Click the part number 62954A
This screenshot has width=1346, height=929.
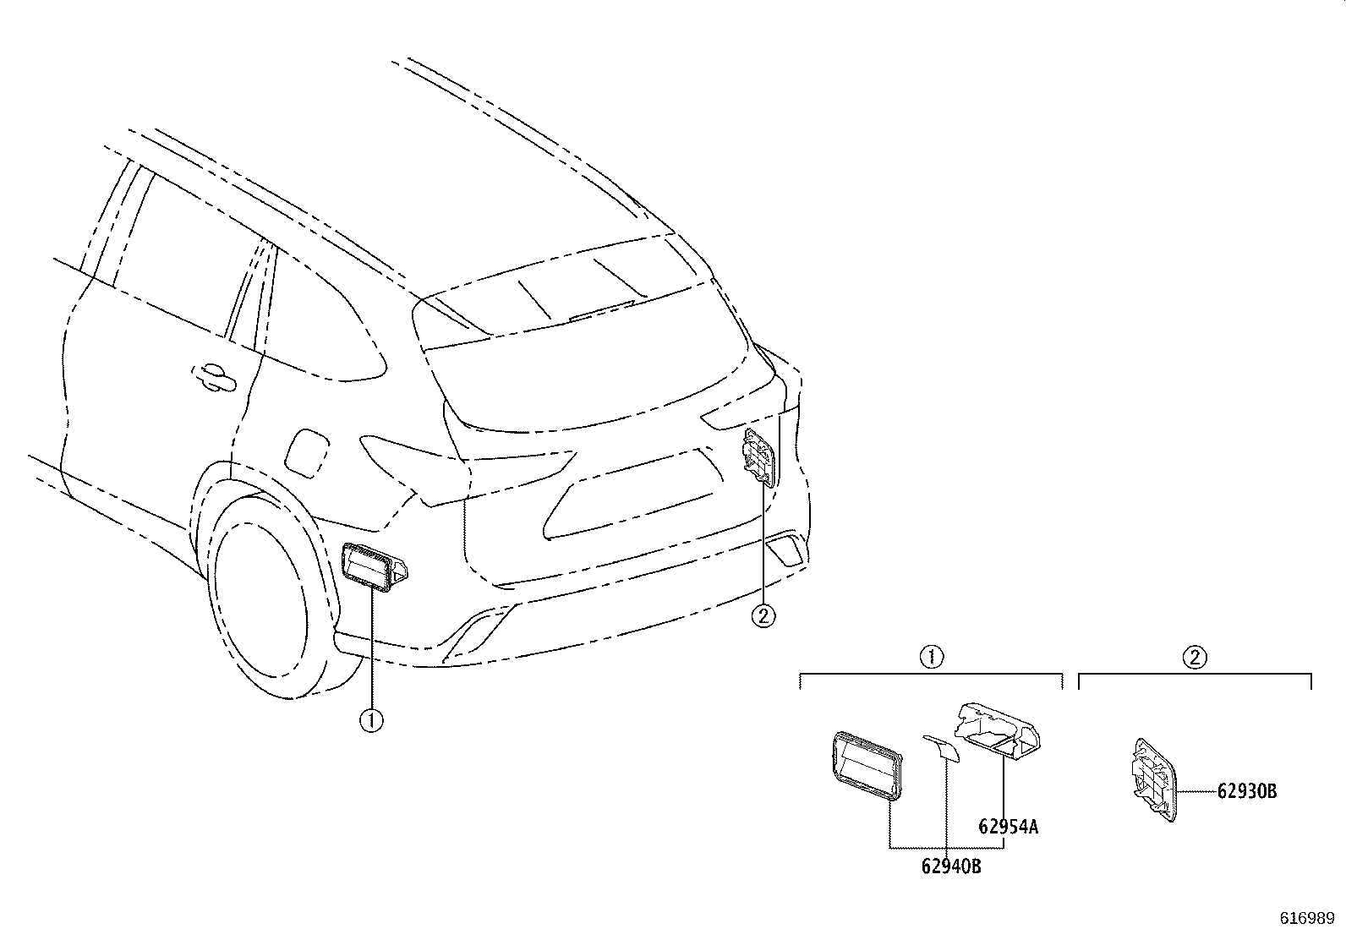tap(1008, 827)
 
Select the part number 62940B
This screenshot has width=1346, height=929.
tap(951, 866)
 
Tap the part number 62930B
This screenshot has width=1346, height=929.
tap(1247, 791)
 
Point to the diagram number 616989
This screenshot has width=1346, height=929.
tap(1307, 918)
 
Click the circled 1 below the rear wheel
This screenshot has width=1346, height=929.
tap(371, 720)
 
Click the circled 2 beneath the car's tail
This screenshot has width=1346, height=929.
tap(763, 615)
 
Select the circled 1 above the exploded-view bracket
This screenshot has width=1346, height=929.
tap(932, 657)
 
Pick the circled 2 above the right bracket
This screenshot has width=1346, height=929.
tap(1195, 657)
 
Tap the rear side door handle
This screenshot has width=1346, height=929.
tap(214, 377)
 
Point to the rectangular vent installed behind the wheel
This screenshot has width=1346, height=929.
tap(374, 566)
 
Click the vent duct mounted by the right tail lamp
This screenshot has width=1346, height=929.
tap(759, 456)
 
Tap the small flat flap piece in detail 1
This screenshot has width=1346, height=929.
tap(941, 747)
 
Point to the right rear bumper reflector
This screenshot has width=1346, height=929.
tap(785, 550)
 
